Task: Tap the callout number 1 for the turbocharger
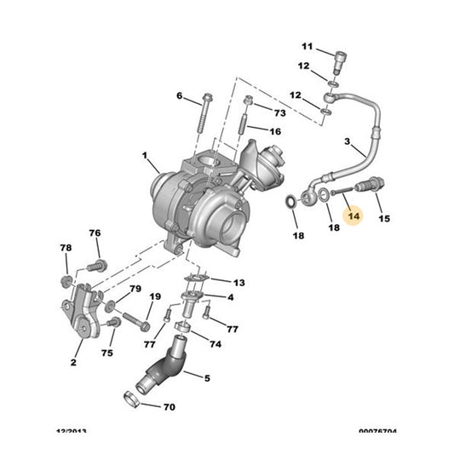coord(145,157)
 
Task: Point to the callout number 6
coord(181,95)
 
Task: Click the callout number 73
coord(279,112)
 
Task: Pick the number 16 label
coord(274,132)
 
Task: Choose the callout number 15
coord(384,219)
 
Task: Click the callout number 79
coord(135,290)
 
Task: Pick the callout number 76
coord(95,233)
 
